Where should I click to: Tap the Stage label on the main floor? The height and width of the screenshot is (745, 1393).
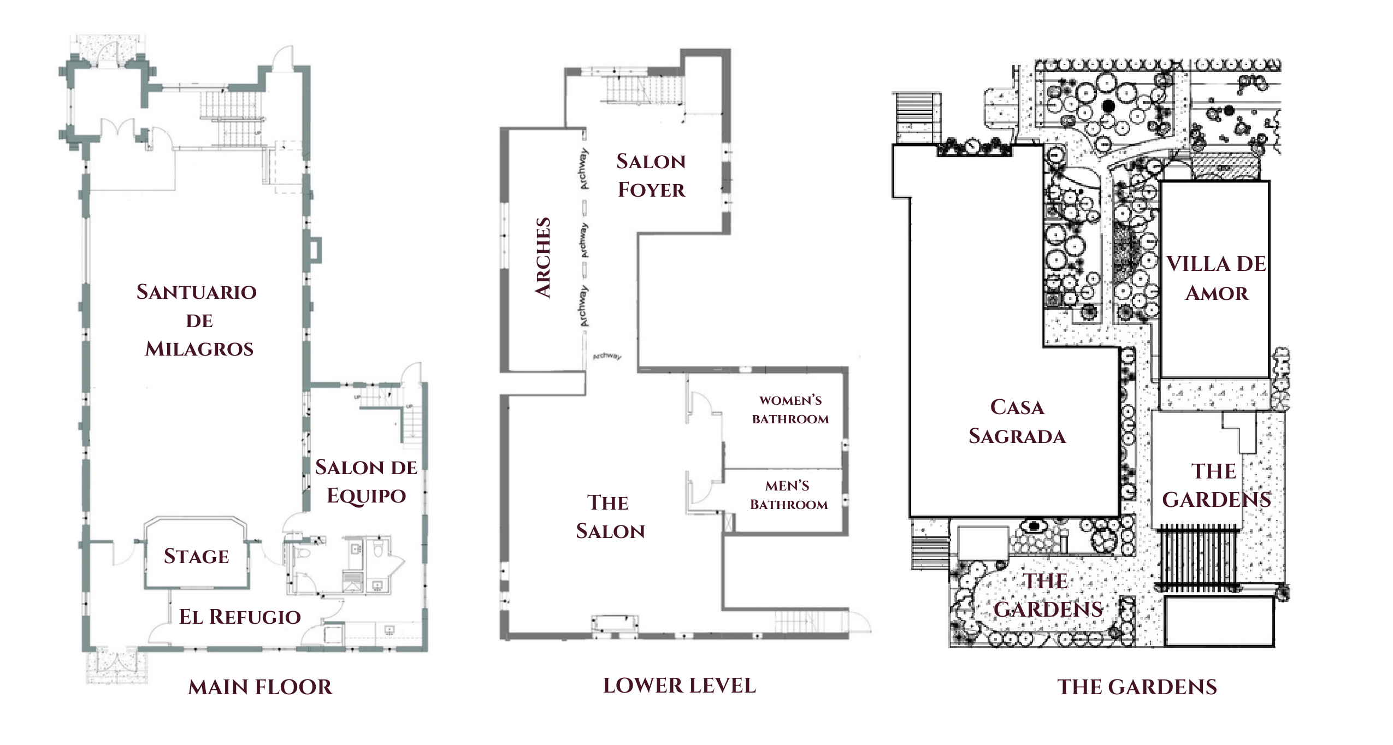[x=196, y=557]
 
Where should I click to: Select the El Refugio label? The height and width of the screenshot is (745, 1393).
[x=240, y=617]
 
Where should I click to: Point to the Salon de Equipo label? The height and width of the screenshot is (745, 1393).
[x=366, y=481]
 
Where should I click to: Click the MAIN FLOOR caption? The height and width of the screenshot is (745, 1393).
[x=260, y=687]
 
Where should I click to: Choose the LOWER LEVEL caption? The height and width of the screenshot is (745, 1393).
[x=680, y=685]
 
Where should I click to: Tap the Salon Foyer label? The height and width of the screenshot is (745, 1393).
[x=651, y=175]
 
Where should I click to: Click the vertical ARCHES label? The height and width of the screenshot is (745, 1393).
[x=543, y=258]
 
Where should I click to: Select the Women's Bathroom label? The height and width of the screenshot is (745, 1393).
[x=790, y=410]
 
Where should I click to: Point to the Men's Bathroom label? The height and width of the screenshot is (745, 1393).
[x=788, y=495]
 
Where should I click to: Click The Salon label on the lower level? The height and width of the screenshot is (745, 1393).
[x=610, y=517]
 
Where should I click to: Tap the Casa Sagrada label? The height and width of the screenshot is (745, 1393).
[x=1017, y=422]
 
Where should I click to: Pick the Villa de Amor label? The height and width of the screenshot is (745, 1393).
[x=1216, y=279]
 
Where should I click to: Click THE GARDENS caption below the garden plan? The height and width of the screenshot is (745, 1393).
[x=1137, y=687]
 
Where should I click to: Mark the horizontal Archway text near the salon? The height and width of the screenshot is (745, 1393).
[x=607, y=356]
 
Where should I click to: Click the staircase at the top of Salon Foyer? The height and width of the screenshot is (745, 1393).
[x=645, y=91]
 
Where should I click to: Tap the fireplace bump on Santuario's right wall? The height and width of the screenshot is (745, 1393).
[x=315, y=250]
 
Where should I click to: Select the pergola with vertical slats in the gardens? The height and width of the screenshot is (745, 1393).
[x=1197, y=558]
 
